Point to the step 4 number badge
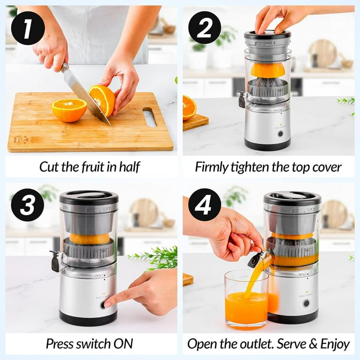coord(204,204)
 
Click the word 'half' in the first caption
coord(128,167)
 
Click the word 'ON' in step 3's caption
coord(126,344)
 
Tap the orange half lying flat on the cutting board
coord(69,110)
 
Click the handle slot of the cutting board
coord(149,117)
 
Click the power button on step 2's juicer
coord(280,134)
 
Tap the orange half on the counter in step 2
coord(189,107)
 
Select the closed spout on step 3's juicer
coord(55,261)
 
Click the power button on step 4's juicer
coord(306,303)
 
